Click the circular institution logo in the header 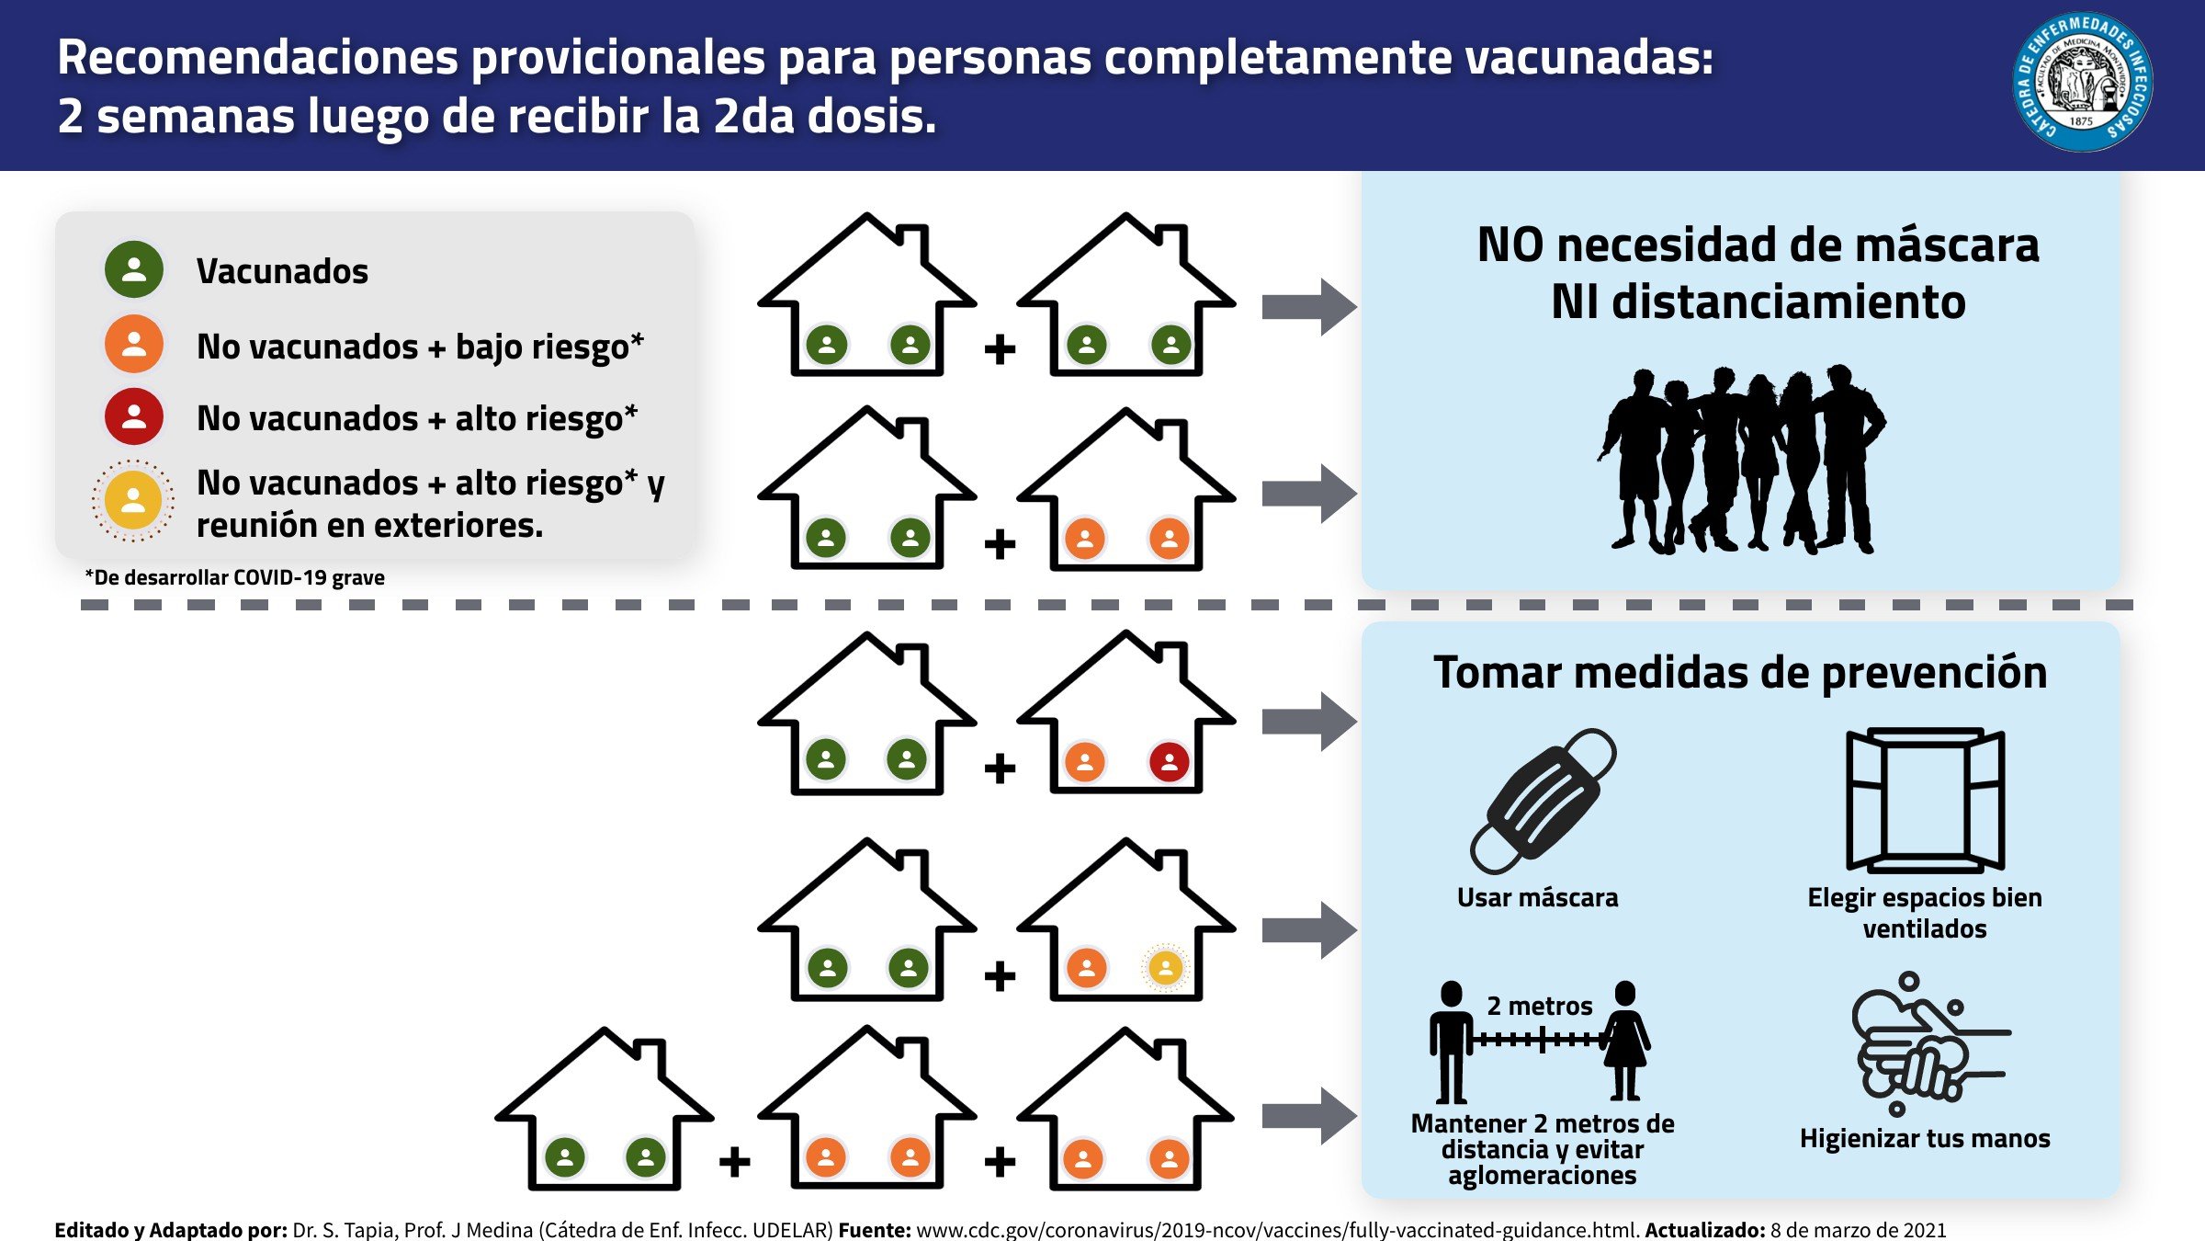pyautogui.click(x=2082, y=83)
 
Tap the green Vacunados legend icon pyautogui.click(x=134, y=269)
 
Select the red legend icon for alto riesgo pyautogui.click(x=134, y=416)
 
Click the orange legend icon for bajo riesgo pyautogui.click(x=134, y=344)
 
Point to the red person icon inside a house pyautogui.click(x=1169, y=762)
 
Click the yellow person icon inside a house pyautogui.click(x=1165, y=968)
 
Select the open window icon pyautogui.click(x=1925, y=800)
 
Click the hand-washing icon pyautogui.click(x=1925, y=1043)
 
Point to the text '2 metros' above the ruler pyautogui.click(x=1540, y=1007)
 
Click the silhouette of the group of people pyautogui.click(x=1740, y=460)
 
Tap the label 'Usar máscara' pyautogui.click(x=1537, y=898)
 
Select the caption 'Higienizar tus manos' pyautogui.click(x=1925, y=1139)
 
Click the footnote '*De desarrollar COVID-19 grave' pyautogui.click(x=235, y=578)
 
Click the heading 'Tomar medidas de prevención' pyautogui.click(x=1740, y=673)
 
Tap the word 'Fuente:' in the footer pyautogui.click(x=874, y=1230)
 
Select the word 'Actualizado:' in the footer pyautogui.click(x=1704, y=1230)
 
